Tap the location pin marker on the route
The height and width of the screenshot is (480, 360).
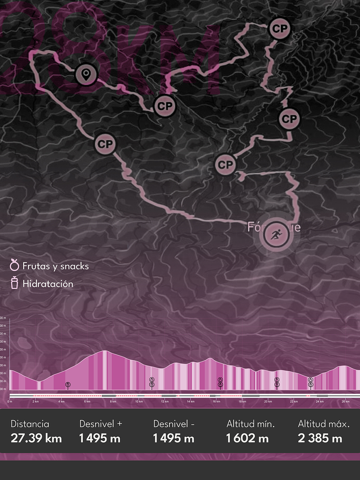coord(86,74)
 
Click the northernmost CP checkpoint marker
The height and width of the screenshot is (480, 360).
coord(279,28)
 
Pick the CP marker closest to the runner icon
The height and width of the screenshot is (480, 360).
coord(225,165)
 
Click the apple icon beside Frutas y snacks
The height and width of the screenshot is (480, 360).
coord(15,265)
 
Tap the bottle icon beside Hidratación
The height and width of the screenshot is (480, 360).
coord(15,283)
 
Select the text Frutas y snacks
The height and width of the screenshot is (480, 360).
coord(55,266)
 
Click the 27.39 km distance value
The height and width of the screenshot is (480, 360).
coord(36,438)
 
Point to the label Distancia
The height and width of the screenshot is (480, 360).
coord(29,424)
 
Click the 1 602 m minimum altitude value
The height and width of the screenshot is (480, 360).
coord(247,438)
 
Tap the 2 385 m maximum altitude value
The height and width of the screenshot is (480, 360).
coord(320,438)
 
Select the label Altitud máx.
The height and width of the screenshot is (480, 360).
coord(324,424)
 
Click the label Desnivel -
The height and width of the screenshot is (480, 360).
coord(174,424)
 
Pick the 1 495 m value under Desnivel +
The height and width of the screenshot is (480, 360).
coord(100,438)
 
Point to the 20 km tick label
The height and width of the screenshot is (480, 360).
coord(268,401)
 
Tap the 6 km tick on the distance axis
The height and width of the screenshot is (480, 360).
coord(87,401)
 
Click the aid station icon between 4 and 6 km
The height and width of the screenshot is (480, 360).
coord(68,384)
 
